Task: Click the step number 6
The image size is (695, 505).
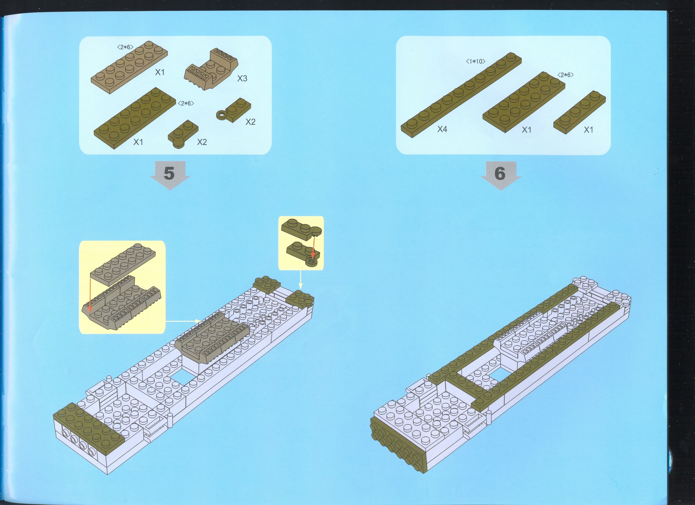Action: (500, 173)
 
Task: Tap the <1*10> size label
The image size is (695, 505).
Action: (476, 61)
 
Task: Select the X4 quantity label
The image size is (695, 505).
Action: (442, 129)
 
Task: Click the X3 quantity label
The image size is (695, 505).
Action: (242, 78)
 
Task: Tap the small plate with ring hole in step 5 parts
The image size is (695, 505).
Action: (234, 110)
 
